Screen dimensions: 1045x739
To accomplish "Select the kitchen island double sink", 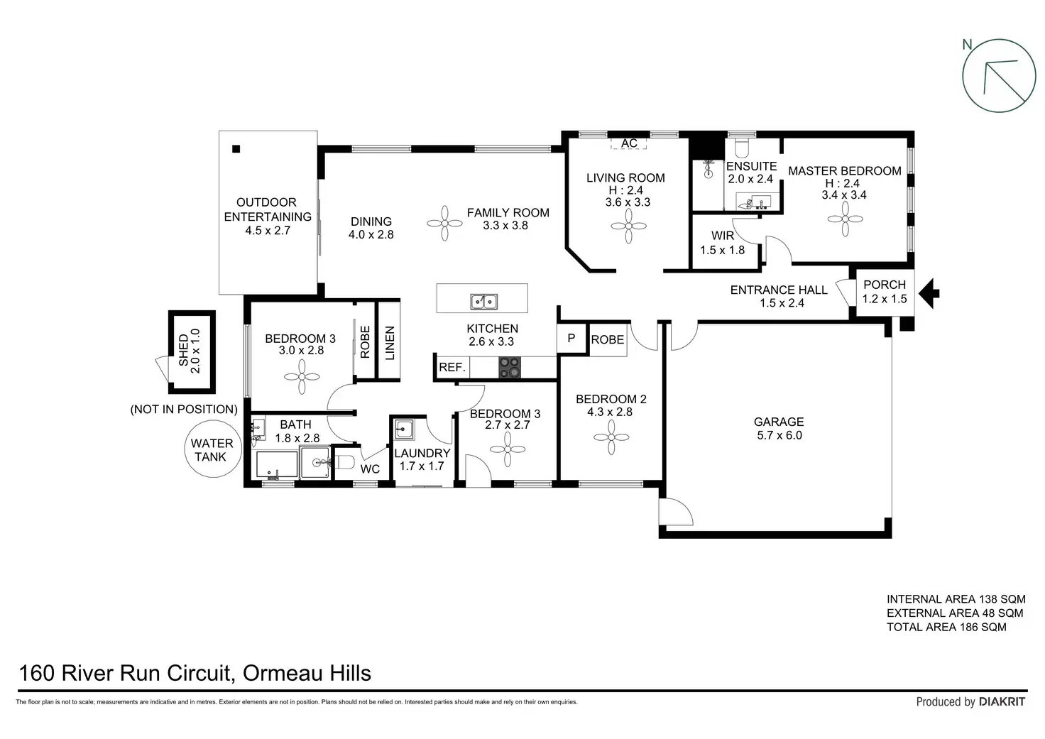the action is coord(483,302).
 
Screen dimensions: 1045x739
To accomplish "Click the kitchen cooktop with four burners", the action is coord(510,367).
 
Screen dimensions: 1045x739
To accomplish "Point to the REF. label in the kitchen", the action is coord(452,367).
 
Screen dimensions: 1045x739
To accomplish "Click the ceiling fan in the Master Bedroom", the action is coord(846,219).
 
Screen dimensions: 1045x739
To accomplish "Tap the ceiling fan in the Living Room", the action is coord(628,226).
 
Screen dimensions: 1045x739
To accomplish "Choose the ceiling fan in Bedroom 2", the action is coord(611,437).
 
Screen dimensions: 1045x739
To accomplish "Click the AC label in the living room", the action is coord(629,143).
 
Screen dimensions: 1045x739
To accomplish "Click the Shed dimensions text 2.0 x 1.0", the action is coord(195,351).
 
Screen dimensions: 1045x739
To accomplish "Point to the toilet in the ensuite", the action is coord(742,148).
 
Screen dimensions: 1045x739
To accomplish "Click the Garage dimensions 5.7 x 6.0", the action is coord(779,435).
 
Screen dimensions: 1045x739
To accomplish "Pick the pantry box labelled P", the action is coord(571,338).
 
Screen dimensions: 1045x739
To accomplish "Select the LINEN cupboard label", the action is coord(390,343).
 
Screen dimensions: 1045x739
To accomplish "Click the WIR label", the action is coord(723,236).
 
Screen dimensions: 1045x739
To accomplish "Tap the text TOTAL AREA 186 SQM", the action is coord(946,627).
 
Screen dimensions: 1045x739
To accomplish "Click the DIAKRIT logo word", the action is coord(1002,701).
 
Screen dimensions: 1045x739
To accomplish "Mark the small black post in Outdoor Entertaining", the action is coord(236,149).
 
